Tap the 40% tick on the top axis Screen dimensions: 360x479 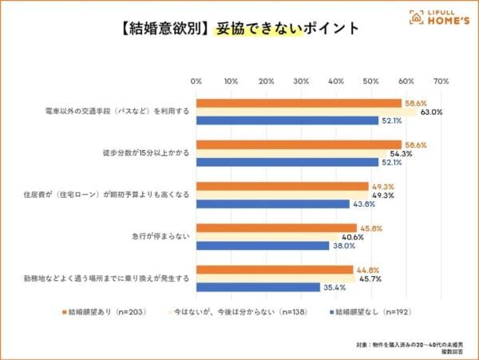[x=336, y=81]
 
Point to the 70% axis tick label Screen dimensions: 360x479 [x=441, y=81]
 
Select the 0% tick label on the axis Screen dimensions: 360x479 [x=196, y=81]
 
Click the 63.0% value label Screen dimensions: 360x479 [x=431, y=112]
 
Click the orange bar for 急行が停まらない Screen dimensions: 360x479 [x=276, y=228]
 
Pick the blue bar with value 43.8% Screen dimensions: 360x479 [x=272, y=204]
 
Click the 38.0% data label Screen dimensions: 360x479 [x=343, y=246]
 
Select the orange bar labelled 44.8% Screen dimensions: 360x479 [x=275, y=270]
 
